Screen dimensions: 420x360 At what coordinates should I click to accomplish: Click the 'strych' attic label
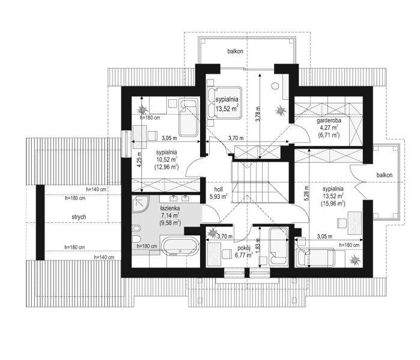79,217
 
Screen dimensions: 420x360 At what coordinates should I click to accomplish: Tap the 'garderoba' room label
329,121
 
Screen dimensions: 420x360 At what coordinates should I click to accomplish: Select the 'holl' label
218,189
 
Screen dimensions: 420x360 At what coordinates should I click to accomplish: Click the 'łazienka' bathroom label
170,209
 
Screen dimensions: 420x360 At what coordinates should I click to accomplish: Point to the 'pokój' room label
244,248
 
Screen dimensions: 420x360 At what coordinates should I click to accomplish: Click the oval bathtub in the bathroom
180,246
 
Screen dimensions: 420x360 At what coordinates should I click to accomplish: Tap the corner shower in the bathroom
141,204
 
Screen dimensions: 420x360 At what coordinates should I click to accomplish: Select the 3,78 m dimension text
257,114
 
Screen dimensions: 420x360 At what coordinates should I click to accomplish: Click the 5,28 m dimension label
306,193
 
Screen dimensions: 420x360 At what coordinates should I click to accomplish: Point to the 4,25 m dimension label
139,160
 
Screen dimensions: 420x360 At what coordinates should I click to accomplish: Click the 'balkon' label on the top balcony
235,51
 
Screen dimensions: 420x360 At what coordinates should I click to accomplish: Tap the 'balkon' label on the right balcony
385,175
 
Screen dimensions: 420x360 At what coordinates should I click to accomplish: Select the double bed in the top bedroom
225,103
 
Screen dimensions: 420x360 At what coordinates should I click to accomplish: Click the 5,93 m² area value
219,197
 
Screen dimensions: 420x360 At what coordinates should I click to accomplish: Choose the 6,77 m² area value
244,255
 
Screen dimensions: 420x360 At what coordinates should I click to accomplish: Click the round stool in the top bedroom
275,87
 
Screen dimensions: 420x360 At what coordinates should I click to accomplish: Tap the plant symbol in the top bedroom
281,111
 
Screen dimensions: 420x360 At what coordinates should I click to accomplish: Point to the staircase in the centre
260,182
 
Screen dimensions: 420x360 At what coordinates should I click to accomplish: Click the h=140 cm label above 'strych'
96,189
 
